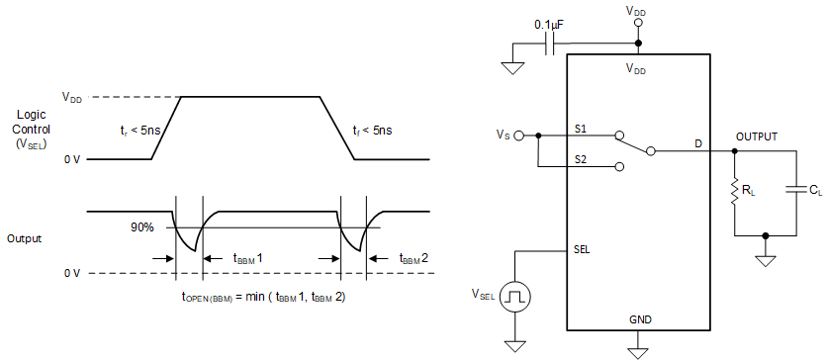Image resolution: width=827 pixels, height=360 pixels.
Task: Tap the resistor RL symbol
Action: pos(734,192)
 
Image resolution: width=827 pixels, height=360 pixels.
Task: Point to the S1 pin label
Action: pos(581,129)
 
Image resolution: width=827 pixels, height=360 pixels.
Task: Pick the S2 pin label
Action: pos(581,158)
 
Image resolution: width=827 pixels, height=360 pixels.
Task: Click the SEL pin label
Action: pos(582,249)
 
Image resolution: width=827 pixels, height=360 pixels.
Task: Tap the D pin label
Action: pos(697,144)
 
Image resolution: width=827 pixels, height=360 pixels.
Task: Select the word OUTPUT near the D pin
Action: pos(757,136)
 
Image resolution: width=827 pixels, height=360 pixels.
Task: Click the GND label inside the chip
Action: pos(640,320)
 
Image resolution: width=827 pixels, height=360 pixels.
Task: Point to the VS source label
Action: pos(505,135)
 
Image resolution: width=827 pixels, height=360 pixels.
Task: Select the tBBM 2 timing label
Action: pos(414,258)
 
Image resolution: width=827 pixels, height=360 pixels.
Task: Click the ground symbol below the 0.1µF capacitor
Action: pos(512,67)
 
